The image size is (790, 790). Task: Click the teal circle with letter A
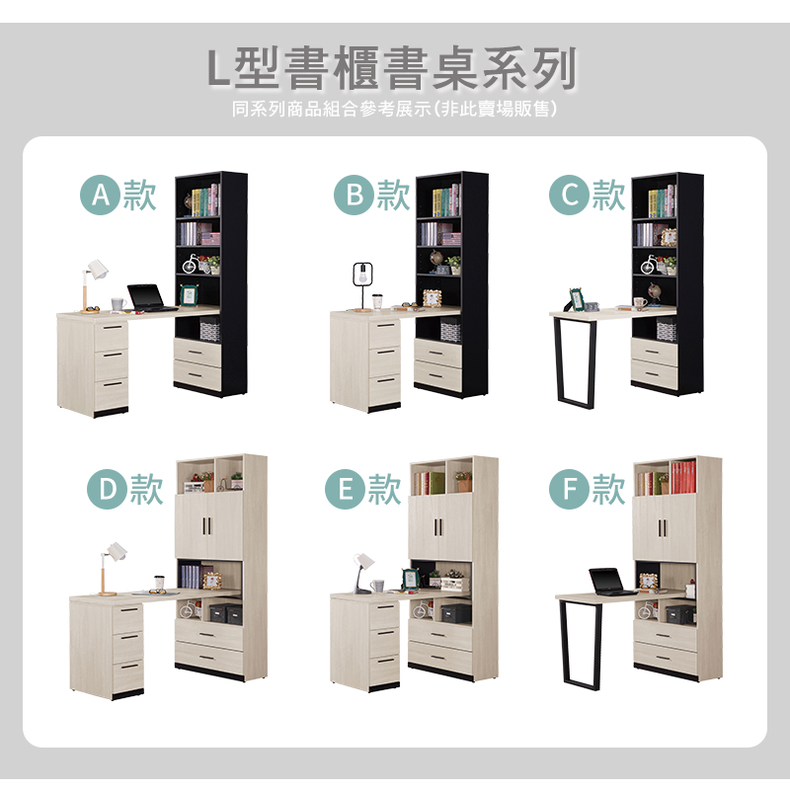pyautogui.click(x=101, y=195)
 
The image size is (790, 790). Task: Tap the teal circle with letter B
pyautogui.click(x=355, y=195)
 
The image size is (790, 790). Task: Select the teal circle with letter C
pyautogui.click(x=570, y=195)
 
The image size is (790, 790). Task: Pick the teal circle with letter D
pyautogui.click(x=108, y=489)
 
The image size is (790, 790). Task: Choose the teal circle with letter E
pyautogui.click(x=345, y=489)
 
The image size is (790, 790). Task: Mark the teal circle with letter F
pyautogui.click(x=570, y=489)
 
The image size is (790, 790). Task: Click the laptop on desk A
pyautogui.click(x=150, y=298)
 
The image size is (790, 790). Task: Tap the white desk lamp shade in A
pyautogui.click(x=98, y=269)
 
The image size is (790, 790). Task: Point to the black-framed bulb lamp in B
pyautogui.click(x=359, y=285)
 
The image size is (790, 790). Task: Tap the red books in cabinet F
pyautogui.click(x=683, y=477)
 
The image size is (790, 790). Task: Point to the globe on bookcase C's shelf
pyautogui.click(x=654, y=293)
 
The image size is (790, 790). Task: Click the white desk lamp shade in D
pyautogui.click(x=118, y=550)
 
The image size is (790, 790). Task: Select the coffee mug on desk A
pyautogui.click(x=118, y=304)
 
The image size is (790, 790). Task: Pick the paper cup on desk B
pyautogui.click(x=378, y=302)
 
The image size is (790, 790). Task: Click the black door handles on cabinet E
pyautogui.click(x=437, y=527)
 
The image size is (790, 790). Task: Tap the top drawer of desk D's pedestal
pyautogui.click(x=127, y=617)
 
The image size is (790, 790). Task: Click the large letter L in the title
pyautogui.click(x=220, y=68)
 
